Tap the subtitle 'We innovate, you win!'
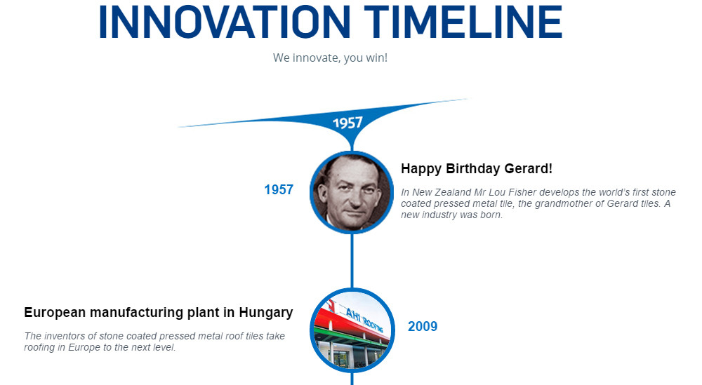[x=330, y=58]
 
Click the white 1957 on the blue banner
[x=347, y=123]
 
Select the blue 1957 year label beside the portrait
[x=279, y=189]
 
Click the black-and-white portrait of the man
[x=351, y=192]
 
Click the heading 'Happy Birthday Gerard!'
[x=477, y=169]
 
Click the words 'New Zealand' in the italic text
[x=439, y=192]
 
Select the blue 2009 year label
[x=423, y=326]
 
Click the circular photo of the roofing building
[x=351, y=330]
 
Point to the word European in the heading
[x=54, y=313]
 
